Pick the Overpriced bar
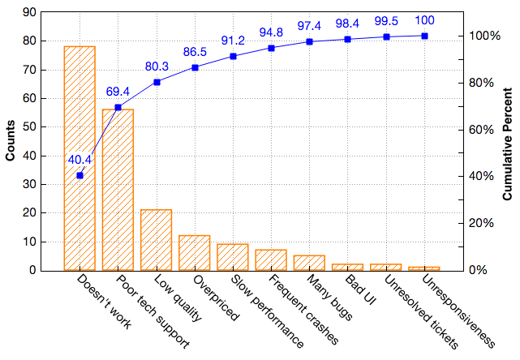pyautogui.click(x=195, y=253)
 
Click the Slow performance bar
pyautogui.click(x=233, y=257)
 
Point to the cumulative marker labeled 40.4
pyautogui.click(x=80, y=175)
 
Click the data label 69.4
pyautogui.click(x=118, y=92)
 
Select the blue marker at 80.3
pyautogui.click(x=157, y=82)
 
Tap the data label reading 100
pyautogui.click(x=425, y=19)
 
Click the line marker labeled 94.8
pyautogui.click(x=271, y=48)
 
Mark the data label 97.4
pyautogui.click(x=309, y=27)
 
